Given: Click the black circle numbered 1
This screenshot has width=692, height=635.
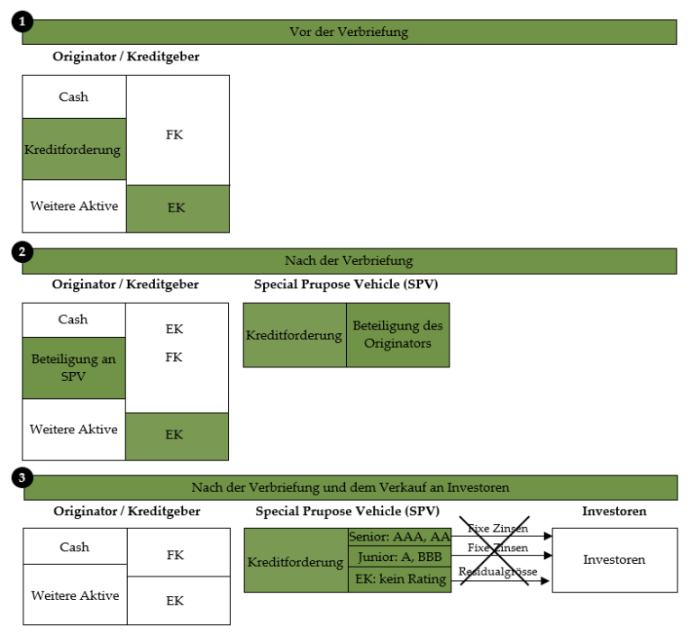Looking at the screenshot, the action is pyautogui.click(x=22, y=22).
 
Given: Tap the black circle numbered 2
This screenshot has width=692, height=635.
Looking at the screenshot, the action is pyautogui.click(x=22, y=252).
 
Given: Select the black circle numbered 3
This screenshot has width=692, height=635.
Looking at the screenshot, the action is pyautogui.click(x=22, y=478).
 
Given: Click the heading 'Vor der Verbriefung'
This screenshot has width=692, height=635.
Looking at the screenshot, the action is pyautogui.click(x=349, y=32).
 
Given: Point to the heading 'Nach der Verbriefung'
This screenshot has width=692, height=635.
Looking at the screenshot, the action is pyautogui.click(x=349, y=260).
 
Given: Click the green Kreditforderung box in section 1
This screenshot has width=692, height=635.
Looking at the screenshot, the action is pyautogui.click(x=74, y=150).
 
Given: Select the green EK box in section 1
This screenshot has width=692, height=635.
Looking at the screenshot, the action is pyautogui.click(x=178, y=209).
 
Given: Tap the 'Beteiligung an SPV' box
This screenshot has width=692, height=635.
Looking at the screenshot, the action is pyautogui.click(x=74, y=368).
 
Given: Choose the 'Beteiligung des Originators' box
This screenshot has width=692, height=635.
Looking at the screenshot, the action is pyautogui.click(x=397, y=335).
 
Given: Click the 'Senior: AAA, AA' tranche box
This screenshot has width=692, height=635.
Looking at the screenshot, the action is pyautogui.click(x=399, y=537).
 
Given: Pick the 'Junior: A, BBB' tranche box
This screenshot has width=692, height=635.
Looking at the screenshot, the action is pyautogui.click(x=399, y=557).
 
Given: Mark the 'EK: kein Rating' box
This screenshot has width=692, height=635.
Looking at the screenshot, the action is pyautogui.click(x=399, y=579).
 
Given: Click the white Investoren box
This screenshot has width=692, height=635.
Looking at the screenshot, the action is pyautogui.click(x=615, y=560).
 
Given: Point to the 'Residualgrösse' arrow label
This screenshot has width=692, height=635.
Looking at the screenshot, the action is pyautogui.click(x=497, y=571).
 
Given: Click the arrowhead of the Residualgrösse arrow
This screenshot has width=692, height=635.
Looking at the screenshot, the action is pyautogui.click(x=545, y=581).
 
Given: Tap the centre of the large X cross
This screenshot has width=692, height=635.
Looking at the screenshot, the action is pyautogui.click(x=495, y=550).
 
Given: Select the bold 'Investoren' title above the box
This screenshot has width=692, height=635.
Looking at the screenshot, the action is pyautogui.click(x=615, y=511).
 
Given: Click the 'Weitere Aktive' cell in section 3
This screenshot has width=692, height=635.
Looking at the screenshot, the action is pyautogui.click(x=75, y=594).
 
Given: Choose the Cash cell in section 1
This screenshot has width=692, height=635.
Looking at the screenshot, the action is pyautogui.click(x=74, y=96).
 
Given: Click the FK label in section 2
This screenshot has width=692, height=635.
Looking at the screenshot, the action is pyautogui.click(x=174, y=357).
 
